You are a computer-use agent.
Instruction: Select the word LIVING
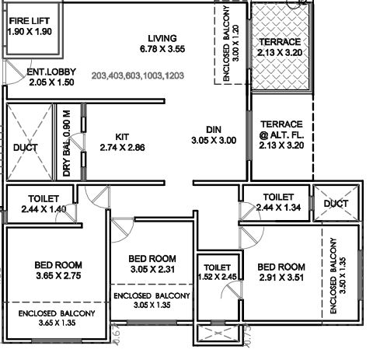[x=159, y=38]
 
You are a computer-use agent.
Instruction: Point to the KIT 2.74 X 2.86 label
[x=123, y=141]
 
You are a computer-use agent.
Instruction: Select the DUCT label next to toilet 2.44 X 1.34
[x=336, y=203]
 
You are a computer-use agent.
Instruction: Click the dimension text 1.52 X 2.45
[x=215, y=276]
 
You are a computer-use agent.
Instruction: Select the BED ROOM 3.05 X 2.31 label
[x=152, y=264]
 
